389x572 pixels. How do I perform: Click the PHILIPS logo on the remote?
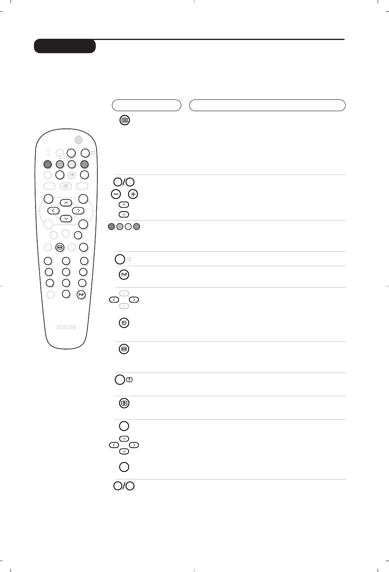[x=66, y=327]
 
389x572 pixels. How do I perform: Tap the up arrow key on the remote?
[x=66, y=203]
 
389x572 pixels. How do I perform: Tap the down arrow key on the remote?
[x=66, y=219]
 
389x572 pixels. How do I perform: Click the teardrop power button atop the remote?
[x=78, y=139]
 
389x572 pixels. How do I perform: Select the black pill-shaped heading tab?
[x=65, y=46]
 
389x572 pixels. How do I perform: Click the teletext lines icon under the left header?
[x=125, y=120]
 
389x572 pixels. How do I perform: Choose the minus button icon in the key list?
[x=116, y=194]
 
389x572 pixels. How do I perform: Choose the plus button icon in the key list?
[x=133, y=194]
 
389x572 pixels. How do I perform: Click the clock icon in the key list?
[x=124, y=323]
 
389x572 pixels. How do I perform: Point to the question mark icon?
[x=129, y=380]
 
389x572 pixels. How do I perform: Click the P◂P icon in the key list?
[x=124, y=275]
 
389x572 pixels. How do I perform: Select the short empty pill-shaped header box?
[x=146, y=105]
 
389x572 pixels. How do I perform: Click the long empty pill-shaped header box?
[x=267, y=105]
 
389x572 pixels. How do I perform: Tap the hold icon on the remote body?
[x=60, y=247]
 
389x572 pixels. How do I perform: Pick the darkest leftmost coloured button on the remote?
[x=48, y=164]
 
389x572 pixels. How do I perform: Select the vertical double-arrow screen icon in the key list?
[x=124, y=403]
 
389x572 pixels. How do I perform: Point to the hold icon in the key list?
[x=124, y=349]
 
